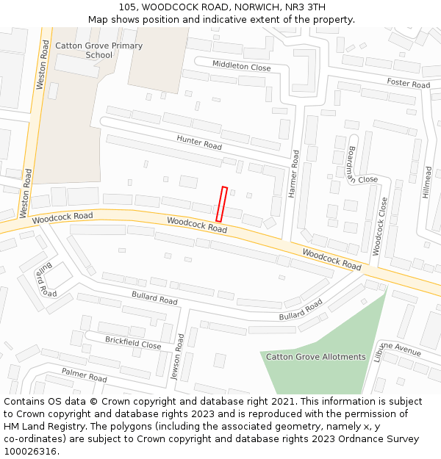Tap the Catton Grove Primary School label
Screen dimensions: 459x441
(x=99, y=50)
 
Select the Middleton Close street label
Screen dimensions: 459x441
(x=241, y=66)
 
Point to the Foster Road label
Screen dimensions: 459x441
(x=408, y=83)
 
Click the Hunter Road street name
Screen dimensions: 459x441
(x=199, y=142)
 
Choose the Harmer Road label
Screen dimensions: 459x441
(x=294, y=173)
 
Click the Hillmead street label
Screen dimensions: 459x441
(x=428, y=182)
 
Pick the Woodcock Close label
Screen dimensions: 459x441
(x=379, y=226)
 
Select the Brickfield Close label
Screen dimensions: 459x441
(x=133, y=343)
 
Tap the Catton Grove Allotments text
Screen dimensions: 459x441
(x=315, y=357)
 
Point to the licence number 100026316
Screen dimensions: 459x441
(x=31, y=452)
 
